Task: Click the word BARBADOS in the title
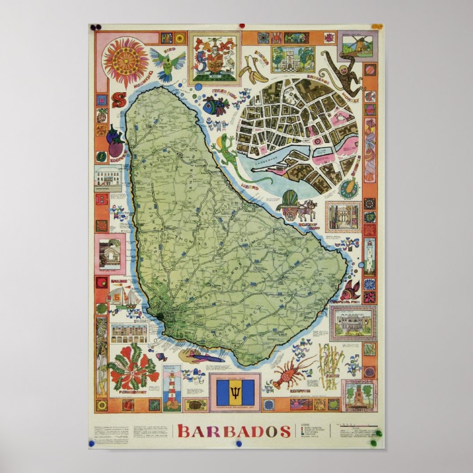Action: (x=234, y=431)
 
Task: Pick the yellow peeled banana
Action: (x=254, y=70)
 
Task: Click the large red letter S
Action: (x=118, y=100)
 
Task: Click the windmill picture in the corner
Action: (x=357, y=46)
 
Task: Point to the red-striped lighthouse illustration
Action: (x=172, y=387)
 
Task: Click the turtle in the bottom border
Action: (x=195, y=404)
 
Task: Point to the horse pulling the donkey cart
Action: (x=311, y=208)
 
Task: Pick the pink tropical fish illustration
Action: (x=351, y=290)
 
